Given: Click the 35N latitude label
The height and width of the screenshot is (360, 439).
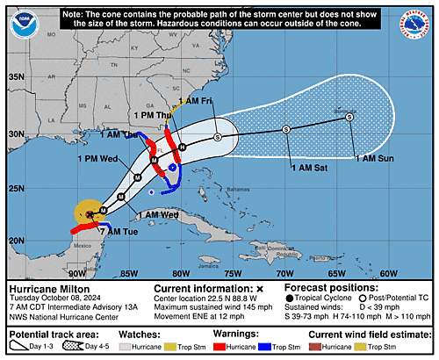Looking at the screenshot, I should [17, 77].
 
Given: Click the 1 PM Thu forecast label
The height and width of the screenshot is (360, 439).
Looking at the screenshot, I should [152, 116].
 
